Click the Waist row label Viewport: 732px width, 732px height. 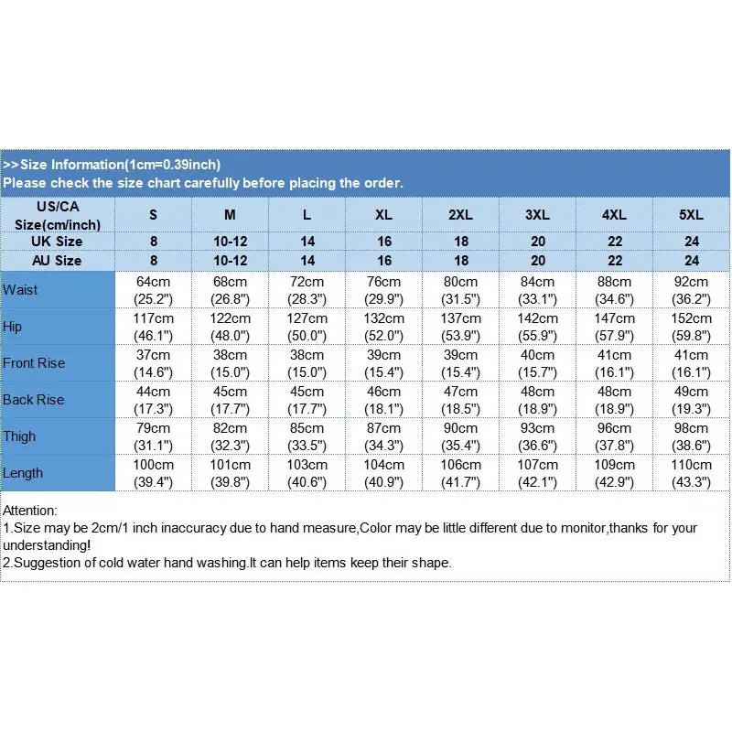point(20,290)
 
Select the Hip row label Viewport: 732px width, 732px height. point(13,327)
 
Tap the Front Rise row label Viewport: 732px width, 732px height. point(34,363)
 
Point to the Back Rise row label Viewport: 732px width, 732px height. point(33,400)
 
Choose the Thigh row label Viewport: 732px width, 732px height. point(19,436)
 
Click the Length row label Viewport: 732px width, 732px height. point(23,473)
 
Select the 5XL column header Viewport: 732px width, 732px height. point(692,214)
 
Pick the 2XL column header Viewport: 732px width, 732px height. point(461,214)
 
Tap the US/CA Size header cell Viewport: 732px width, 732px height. point(58,215)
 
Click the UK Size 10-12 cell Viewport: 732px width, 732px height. point(231,242)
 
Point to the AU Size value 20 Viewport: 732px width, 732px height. point(538,261)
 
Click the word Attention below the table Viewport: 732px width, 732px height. point(30,510)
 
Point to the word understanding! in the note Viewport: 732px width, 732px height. point(46,545)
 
